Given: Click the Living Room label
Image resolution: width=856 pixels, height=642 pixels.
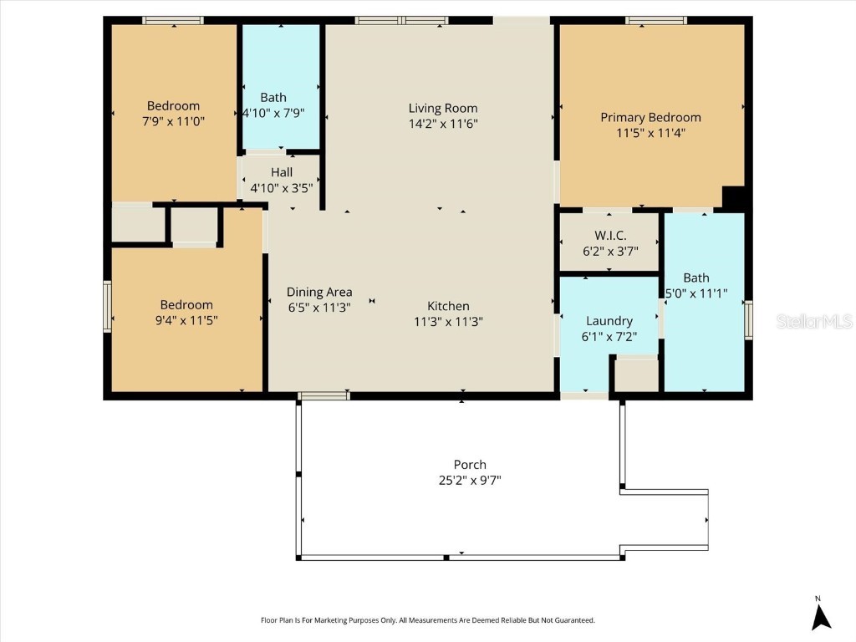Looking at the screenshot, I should tap(443, 108).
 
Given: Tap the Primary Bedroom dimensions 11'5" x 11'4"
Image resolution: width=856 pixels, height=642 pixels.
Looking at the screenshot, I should tap(650, 132).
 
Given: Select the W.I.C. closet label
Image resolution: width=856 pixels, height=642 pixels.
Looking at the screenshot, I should tap(609, 236).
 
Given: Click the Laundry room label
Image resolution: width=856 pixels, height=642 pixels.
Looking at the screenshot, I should tap(609, 321).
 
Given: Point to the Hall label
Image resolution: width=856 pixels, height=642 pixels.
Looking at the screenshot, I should tap(281, 172).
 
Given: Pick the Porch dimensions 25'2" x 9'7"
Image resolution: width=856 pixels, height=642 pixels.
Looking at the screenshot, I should tap(470, 480).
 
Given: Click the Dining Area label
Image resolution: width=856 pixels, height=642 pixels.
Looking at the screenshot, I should tap(319, 292).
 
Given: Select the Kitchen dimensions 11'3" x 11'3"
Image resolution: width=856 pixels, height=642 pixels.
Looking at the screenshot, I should tap(448, 321).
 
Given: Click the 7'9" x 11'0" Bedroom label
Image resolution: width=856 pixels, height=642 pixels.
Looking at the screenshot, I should tap(173, 105).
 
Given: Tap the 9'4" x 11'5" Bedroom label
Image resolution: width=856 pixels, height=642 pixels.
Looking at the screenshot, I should tap(186, 305).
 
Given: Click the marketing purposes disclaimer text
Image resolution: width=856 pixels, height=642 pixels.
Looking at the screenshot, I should tap(428, 620).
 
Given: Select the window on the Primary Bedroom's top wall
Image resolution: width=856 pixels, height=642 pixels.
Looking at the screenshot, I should tap(655, 20).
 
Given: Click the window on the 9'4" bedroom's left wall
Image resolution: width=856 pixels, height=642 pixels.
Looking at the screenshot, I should tap(107, 307).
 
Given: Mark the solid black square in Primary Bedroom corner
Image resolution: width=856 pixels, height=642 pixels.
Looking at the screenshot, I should tap(733, 198).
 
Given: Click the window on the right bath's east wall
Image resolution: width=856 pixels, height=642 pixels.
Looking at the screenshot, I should tap(748, 320).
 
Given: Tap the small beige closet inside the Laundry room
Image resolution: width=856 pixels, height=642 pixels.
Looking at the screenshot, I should tap(636, 375).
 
